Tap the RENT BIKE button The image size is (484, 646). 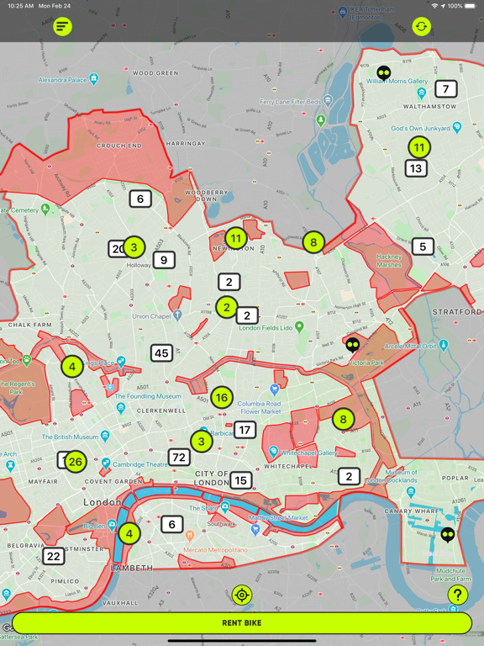point(242,622)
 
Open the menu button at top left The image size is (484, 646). point(62,27)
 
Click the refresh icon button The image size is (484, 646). point(422,27)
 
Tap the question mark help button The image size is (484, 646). point(457,596)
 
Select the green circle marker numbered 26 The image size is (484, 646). point(76,461)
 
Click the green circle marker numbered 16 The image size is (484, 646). point(222,398)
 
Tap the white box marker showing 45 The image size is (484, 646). point(162,353)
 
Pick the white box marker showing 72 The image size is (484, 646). point(179,458)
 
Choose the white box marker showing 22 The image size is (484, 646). point(54,556)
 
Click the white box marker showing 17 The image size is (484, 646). point(245,430)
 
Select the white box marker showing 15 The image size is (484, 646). point(241,480)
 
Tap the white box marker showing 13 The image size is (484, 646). point(415,168)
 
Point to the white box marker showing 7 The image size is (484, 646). point(446,88)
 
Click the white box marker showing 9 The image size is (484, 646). point(164,260)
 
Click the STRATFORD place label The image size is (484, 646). point(458,312)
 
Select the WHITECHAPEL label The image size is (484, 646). point(288,466)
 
